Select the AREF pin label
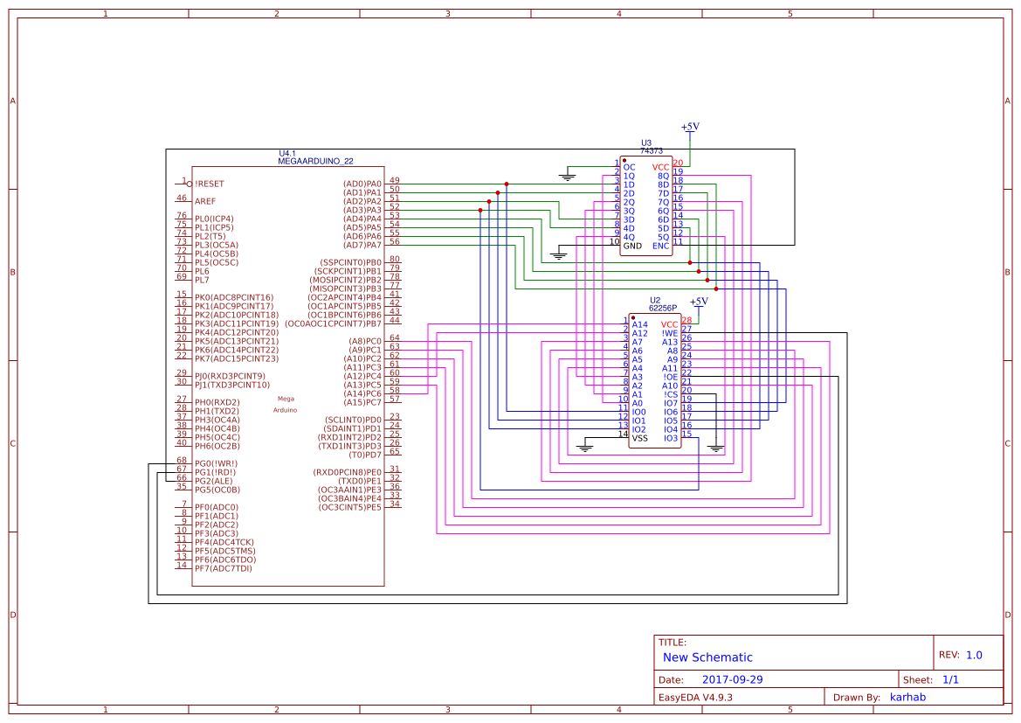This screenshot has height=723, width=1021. tap(205, 201)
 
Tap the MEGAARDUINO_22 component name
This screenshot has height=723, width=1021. tap(315, 162)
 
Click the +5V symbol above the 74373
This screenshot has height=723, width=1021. tap(690, 128)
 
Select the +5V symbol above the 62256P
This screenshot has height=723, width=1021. tap(699, 302)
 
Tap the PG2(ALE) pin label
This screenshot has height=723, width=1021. tap(214, 481)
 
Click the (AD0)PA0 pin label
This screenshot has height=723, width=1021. tap(362, 184)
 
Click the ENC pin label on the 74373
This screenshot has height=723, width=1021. tap(661, 246)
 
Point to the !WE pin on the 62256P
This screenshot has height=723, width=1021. tap(670, 333)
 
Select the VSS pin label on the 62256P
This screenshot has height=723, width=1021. tap(639, 438)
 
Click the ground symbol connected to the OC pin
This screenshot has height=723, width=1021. tap(568, 177)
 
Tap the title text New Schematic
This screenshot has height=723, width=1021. tap(707, 657)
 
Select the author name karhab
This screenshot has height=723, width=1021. tap(907, 697)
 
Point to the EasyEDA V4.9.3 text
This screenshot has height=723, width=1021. tap(695, 697)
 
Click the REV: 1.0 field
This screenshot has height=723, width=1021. tap(960, 655)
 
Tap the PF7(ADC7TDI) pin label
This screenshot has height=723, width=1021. tap(223, 568)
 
